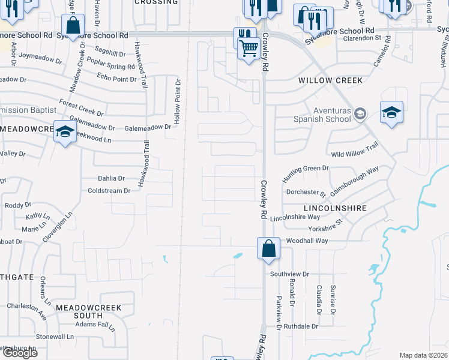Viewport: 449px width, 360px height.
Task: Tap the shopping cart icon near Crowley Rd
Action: pyautogui.click(x=248, y=47)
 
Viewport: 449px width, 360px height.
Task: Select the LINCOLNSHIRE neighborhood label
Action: pyautogui.click(x=335, y=208)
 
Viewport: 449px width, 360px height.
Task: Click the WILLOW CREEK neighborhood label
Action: pyautogui.click(x=331, y=80)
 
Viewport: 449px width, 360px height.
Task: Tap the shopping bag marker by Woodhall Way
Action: pyautogui.click(x=268, y=248)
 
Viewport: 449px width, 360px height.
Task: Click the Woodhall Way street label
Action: pyautogui.click(x=307, y=241)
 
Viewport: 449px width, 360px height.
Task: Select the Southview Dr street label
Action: pyautogui.click(x=289, y=274)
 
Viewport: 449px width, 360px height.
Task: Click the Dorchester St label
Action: pyautogui.click(x=306, y=193)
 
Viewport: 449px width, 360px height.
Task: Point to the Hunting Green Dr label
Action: pyautogui.click(x=306, y=171)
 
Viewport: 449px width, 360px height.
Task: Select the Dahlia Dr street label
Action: pyautogui.click(x=111, y=178)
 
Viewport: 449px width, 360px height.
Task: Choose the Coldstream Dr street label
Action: pyautogui.click(x=109, y=191)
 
